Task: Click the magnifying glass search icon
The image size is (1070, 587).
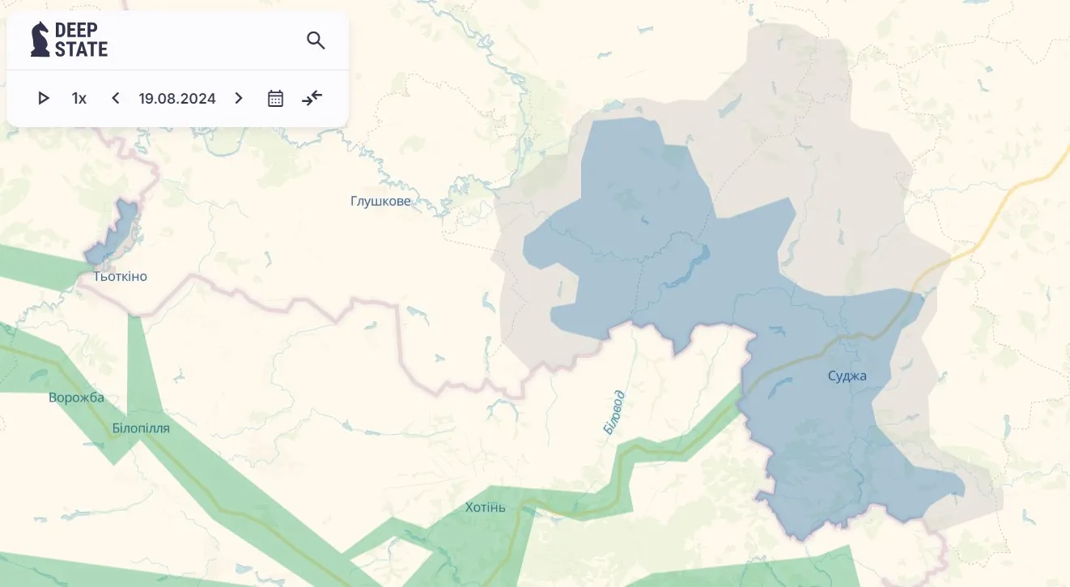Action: click(x=316, y=40)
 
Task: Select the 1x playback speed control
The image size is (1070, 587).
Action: click(x=79, y=99)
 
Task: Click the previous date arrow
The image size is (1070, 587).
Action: click(x=116, y=98)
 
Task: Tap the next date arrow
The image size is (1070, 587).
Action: click(x=239, y=98)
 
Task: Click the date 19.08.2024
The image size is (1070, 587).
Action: click(x=177, y=99)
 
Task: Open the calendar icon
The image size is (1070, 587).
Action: click(x=275, y=99)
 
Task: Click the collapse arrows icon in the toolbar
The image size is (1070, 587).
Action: click(x=312, y=98)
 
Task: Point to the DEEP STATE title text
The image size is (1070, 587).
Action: click(x=81, y=40)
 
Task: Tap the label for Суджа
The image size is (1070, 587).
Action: click(x=847, y=376)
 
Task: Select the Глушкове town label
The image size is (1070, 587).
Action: click(x=380, y=201)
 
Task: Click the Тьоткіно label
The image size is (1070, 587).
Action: click(x=120, y=277)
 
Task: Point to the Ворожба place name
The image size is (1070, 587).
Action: click(x=76, y=398)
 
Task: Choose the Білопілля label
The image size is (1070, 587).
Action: click(x=141, y=428)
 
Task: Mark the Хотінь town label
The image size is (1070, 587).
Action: click(x=486, y=508)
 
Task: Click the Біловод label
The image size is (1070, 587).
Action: click(x=614, y=412)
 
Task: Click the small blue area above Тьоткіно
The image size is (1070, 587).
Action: click(x=115, y=232)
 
